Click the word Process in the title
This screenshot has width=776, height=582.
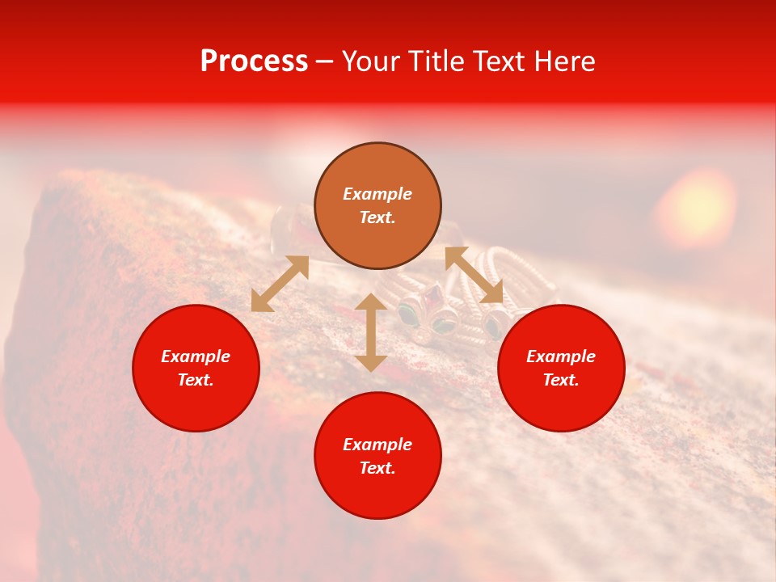click(x=254, y=61)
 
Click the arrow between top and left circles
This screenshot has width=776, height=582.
click(x=280, y=284)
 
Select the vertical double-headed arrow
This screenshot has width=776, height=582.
click(x=371, y=332)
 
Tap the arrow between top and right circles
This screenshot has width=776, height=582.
click(x=474, y=276)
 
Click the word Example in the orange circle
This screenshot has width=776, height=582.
click(x=377, y=194)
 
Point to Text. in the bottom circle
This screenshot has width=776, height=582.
click(x=377, y=468)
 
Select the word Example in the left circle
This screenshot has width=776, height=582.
click(x=196, y=356)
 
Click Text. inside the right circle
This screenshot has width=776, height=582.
click(x=561, y=380)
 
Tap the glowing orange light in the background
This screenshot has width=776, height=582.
click(x=695, y=206)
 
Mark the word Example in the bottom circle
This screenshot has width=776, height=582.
click(x=377, y=445)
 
